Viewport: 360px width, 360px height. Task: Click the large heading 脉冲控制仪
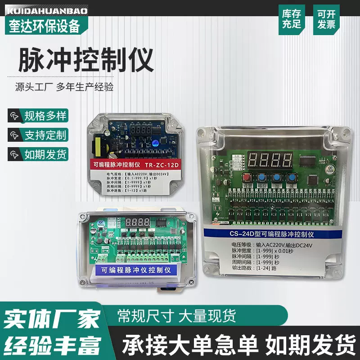tap(85, 61)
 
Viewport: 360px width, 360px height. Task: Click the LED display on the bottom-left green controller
tap(139, 222)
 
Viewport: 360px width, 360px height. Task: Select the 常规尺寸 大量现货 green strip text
tap(176, 315)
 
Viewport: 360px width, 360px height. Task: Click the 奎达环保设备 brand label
tap(44, 26)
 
